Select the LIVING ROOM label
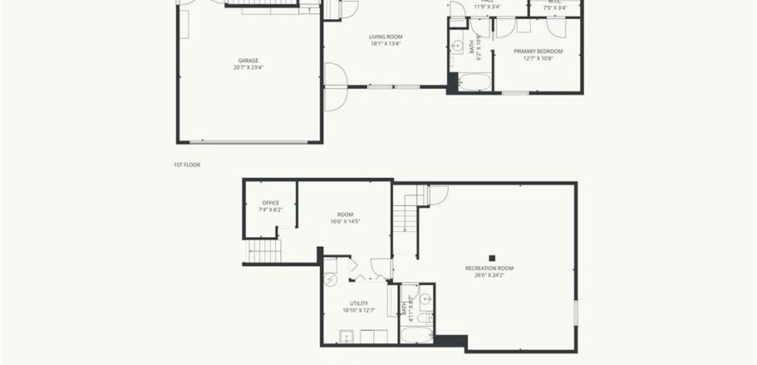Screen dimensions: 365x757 click(386, 36)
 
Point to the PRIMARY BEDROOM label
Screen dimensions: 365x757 click(538, 51)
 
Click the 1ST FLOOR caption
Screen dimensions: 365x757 click(188, 163)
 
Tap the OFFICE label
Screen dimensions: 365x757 click(271, 202)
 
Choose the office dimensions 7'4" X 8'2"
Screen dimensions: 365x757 click(271, 209)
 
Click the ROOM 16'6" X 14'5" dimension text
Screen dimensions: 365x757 click(345, 221)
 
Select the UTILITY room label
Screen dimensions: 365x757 click(358, 302)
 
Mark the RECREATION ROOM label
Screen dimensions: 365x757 click(489, 269)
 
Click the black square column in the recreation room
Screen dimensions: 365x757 click(492, 256)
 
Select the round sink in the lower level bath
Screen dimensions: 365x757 click(425, 298)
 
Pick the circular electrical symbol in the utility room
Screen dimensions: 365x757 click(331, 280)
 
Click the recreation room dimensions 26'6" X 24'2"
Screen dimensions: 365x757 click(489, 276)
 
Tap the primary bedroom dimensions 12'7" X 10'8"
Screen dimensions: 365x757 click(538, 58)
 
